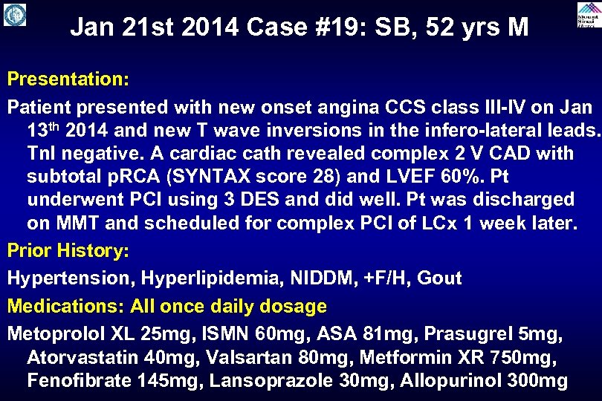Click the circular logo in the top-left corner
click(14, 15)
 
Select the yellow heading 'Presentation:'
click(68, 78)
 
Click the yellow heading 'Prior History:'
click(68, 251)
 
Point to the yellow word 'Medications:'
click(66, 306)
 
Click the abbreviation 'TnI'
click(44, 153)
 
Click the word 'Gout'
click(439, 278)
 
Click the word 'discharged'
click(525, 200)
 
